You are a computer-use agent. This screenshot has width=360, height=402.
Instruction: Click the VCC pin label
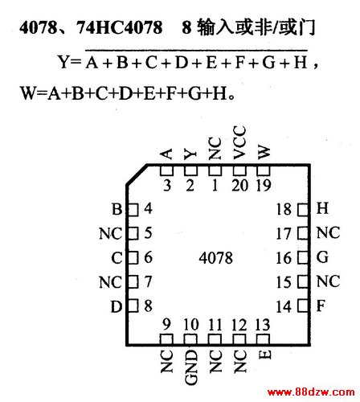point(239,142)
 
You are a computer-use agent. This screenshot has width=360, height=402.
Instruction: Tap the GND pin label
point(191,367)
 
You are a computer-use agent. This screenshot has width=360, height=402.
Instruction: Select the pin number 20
point(240,186)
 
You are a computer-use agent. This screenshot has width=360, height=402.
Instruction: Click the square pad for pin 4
point(133,210)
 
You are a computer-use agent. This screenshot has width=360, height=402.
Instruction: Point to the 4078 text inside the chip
point(216,258)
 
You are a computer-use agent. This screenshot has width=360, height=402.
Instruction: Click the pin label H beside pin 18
point(322,208)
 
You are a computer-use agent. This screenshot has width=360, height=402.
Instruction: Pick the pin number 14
point(284,307)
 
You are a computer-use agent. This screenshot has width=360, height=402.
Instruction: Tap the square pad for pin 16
point(303,257)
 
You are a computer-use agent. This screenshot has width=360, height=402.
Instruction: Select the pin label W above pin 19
point(264,153)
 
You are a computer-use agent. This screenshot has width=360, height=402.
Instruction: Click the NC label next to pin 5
point(111,233)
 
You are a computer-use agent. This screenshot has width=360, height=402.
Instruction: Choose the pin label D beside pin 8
point(117,307)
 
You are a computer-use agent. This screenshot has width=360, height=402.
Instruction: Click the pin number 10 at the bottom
point(191,325)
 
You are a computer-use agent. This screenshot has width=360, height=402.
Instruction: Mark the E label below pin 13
point(265,355)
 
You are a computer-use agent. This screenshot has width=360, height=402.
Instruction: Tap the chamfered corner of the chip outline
point(137,174)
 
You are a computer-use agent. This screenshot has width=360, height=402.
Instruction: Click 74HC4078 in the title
point(119,27)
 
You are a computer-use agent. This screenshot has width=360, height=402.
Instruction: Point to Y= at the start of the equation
point(69,62)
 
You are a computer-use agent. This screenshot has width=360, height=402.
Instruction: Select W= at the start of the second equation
point(33,93)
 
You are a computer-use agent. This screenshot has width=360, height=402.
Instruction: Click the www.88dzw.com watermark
point(311,392)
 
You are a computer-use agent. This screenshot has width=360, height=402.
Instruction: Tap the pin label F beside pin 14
point(321,306)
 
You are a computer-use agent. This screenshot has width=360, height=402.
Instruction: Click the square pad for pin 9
point(166,339)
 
